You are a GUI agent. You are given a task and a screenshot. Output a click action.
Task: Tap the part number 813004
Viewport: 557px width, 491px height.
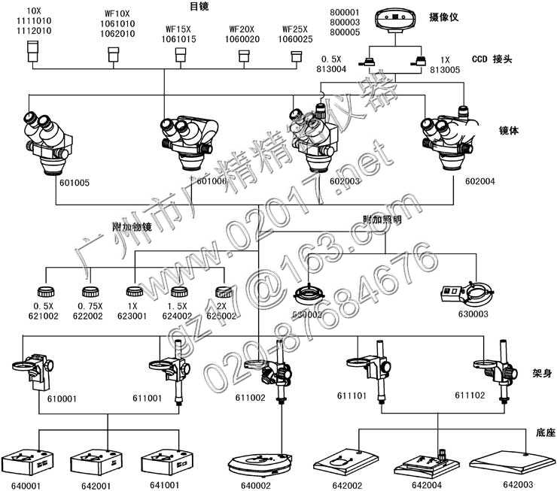pos(333,68)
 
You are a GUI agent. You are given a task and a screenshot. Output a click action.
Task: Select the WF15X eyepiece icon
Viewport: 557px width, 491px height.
pos(180,55)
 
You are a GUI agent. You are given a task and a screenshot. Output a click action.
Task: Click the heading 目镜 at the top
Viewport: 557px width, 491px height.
pos(199,6)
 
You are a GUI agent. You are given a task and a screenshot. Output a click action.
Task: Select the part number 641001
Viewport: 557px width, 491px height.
pos(166,486)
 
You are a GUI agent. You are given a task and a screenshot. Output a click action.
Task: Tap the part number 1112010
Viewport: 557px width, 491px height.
pos(35,32)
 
